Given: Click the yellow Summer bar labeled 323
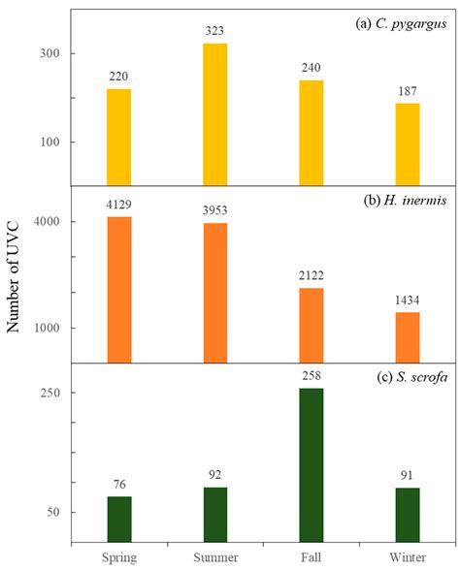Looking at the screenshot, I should [x=214, y=114].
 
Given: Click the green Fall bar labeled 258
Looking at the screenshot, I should [x=312, y=464].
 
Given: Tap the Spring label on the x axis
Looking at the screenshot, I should [x=118, y=556].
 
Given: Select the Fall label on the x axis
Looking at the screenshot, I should [x=312, y=556].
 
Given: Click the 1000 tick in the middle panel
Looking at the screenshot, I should [x=49, y=328].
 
